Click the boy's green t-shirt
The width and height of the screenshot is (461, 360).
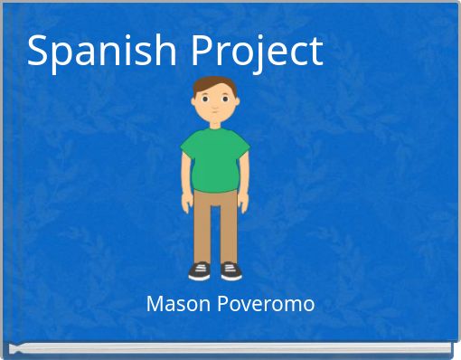(x=214, y=158)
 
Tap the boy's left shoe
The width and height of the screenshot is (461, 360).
(x=231, y=270)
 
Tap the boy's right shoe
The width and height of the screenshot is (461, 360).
(x=200, y=270)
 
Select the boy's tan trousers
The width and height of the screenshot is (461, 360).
(x=215, y=222)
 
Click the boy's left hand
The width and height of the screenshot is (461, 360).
(x=241, y=203)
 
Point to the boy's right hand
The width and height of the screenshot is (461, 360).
(x=188, y=203)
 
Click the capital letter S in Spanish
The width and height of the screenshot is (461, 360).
(x=38, y=50)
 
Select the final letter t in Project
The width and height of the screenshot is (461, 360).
(x=315, y=52)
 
